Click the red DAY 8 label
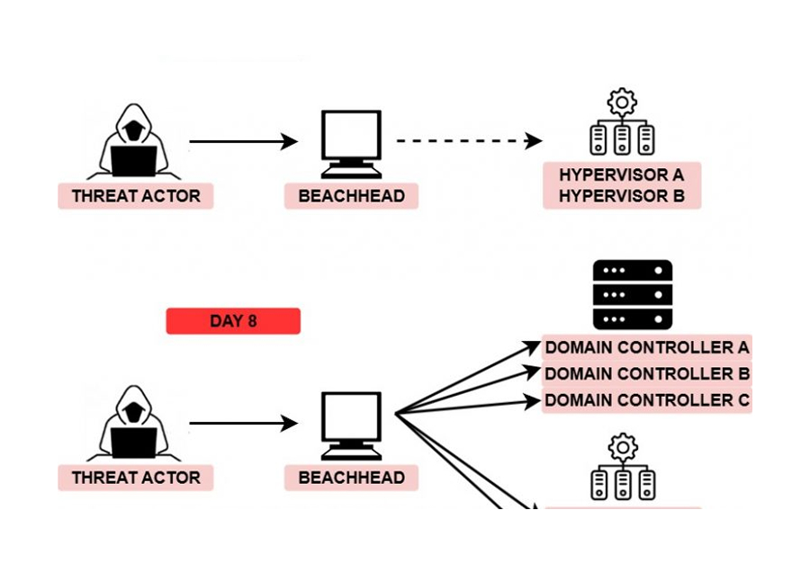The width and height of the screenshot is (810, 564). (233, 321)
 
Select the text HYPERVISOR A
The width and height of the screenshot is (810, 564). (621, 175)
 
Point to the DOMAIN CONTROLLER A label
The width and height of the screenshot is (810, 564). (647, 347)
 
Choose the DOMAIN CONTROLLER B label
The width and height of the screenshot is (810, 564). (647, 373)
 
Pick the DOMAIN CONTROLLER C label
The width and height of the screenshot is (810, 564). (647, 400)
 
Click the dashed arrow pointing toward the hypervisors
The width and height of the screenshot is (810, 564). (468, 141)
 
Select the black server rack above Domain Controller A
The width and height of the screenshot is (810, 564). (633, 295)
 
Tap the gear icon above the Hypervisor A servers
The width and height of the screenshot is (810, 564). (621, 100)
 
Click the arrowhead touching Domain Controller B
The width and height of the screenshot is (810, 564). (533, 371)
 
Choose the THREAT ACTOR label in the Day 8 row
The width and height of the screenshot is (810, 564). (136, 478)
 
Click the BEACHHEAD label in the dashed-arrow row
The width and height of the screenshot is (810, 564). (351, 196)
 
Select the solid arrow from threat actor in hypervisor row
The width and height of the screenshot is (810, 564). (243, 141)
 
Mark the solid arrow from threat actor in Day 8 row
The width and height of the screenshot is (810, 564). (243, 423)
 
